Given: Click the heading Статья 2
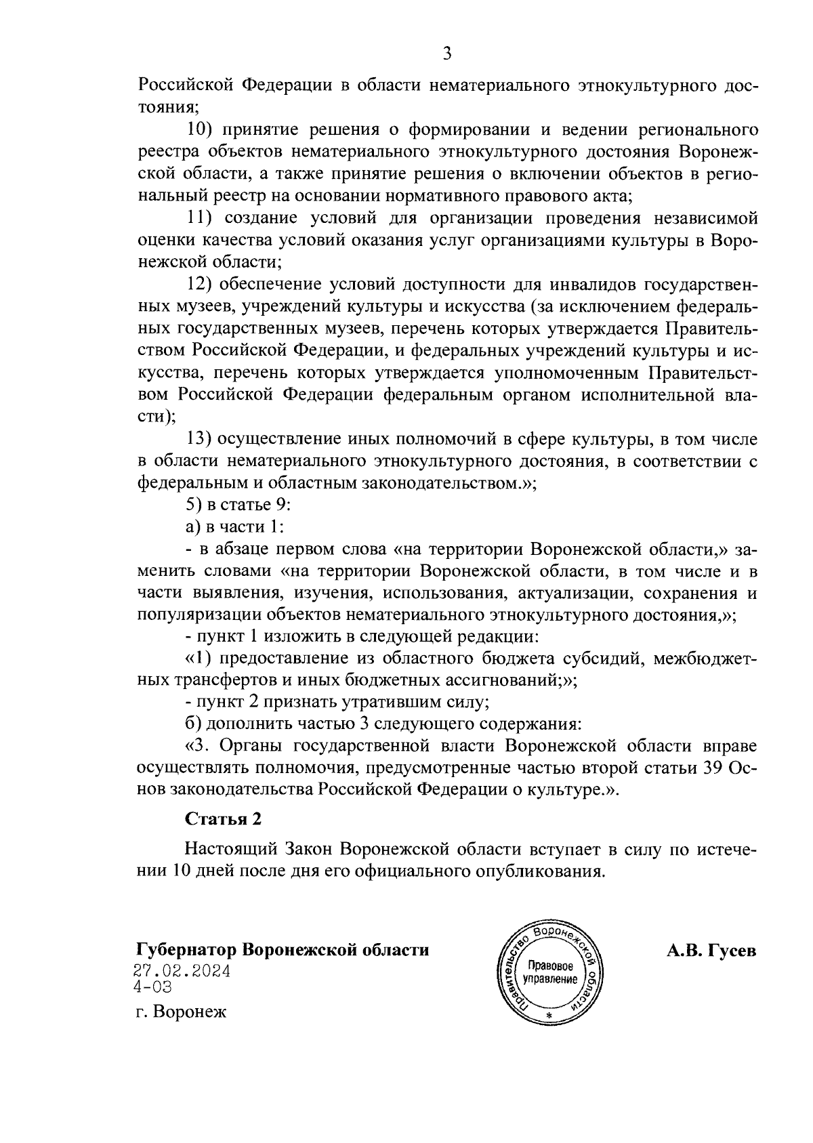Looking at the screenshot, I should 223,818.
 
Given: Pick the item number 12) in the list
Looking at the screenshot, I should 201,285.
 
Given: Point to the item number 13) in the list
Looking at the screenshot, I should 201,439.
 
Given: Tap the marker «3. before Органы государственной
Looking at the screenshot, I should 195,746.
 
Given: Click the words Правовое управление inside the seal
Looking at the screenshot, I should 550,974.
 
